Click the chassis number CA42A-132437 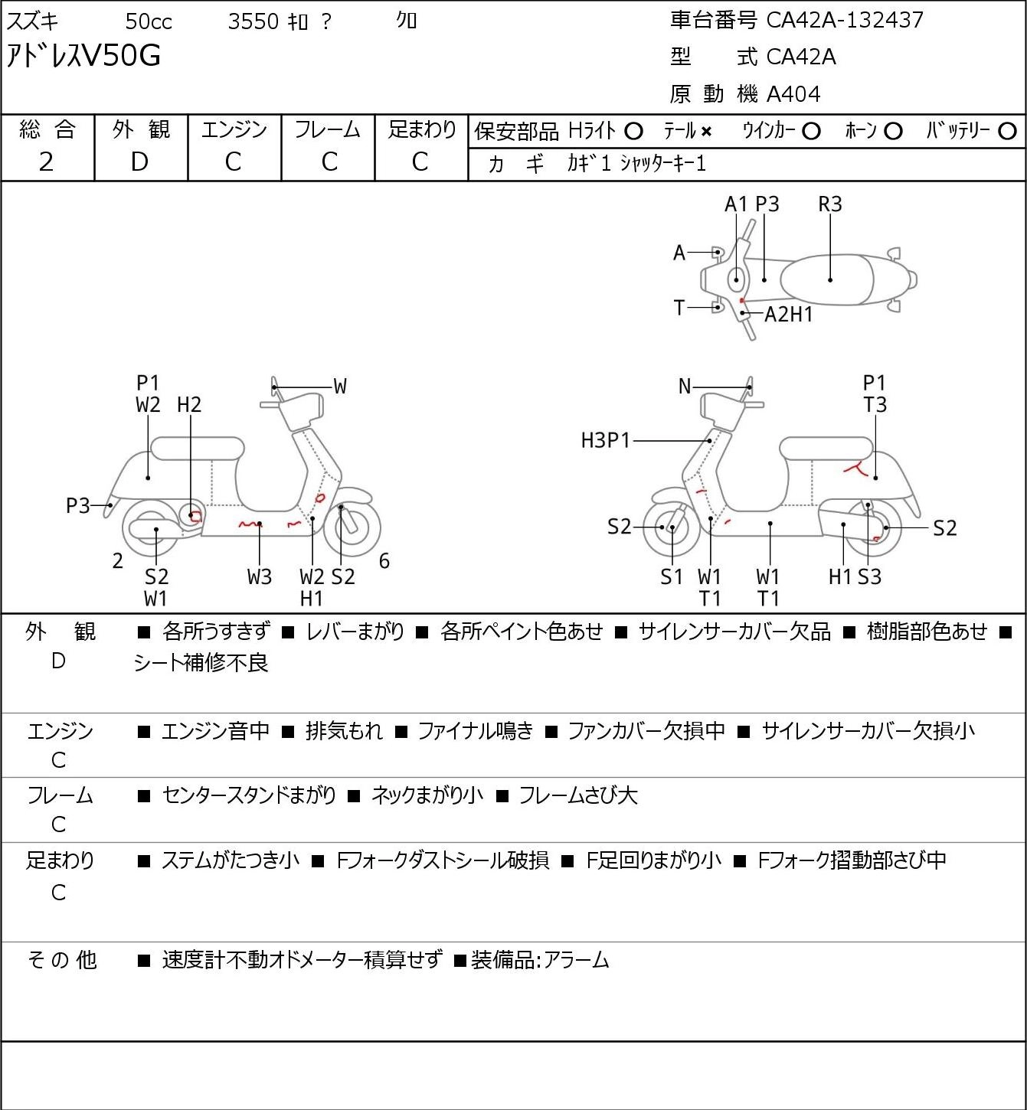coord(845,20)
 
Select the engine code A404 coord(793,94)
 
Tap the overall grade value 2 coord(47,162)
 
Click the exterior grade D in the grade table coord(139,162)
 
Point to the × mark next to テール coord(706,132)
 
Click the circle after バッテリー coord(1007,132)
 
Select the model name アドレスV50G coord(83,56)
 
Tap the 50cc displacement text coord(149,21)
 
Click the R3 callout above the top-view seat coord(829,204)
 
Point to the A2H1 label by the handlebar coord(788,315)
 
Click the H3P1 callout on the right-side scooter coord(605,440)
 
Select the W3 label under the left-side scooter coord(260,576)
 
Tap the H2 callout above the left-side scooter coord(189,405)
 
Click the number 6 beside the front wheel coord(384,560)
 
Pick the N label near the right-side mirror coord(685,387)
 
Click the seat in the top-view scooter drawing coord(827,279)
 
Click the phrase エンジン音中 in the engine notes coord(215,731)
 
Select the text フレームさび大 coord(578,795)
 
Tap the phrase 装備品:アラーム coord(540,960)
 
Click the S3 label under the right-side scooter coord(869,576)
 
